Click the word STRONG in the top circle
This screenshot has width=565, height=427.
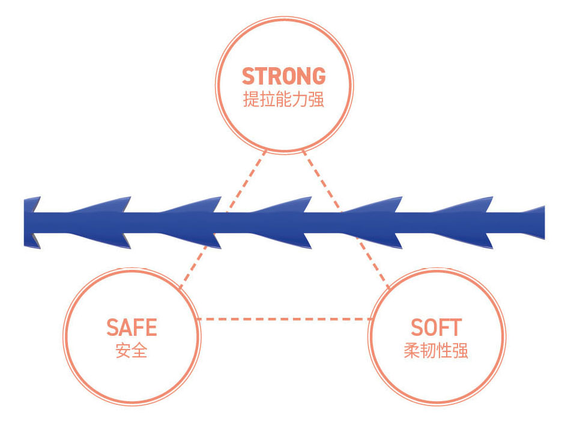[283, 76]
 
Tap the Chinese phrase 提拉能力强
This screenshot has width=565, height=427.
[283, 99]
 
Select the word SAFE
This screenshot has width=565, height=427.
[131, 328]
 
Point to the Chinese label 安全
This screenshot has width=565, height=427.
[131, 350]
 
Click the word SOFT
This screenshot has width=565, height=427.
[436, 328]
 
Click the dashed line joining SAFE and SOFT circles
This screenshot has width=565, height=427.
[282, 319]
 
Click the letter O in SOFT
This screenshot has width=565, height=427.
[428, 328]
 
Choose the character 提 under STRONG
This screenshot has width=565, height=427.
[251, 99]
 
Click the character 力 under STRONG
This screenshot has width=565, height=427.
[300, 99]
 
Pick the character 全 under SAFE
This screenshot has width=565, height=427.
[139, 350]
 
